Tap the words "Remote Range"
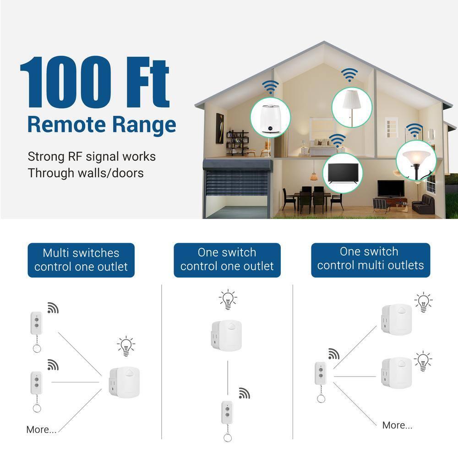101,125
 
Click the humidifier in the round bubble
271,118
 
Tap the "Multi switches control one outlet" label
81,260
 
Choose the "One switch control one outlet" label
227,259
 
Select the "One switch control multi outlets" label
371,259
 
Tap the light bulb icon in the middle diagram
228,299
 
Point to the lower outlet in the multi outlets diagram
396,372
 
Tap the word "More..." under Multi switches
41,430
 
